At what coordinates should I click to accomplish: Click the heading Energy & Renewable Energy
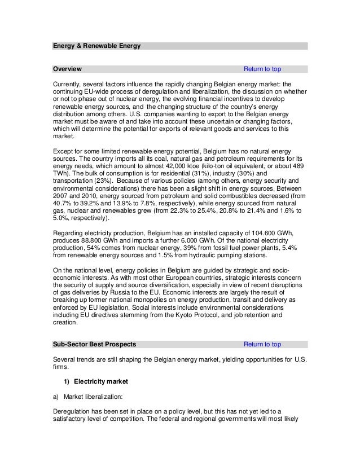pyautogui.click(x=96, y=46)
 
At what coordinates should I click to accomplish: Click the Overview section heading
pyautogui.click(x=67, y=69)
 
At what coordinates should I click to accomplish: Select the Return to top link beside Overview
pyautogui.click(x=262, y=69)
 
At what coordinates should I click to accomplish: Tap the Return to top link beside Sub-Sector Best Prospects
pyautogui.click(x=262, y=344)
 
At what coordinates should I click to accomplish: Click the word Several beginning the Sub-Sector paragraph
pyautogui.click(x=65, y=360)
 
